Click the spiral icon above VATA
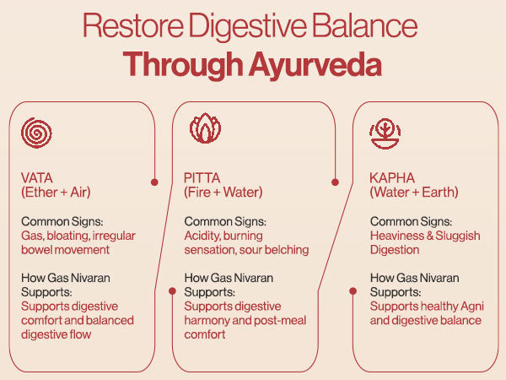36,133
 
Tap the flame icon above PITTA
205,128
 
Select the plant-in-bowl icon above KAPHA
385,133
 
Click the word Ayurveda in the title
315,65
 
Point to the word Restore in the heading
133,26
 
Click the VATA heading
37,178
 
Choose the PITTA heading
202,178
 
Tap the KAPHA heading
392,178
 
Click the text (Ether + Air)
56,193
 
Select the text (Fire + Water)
223,193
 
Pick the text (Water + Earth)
414,193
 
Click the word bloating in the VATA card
68,236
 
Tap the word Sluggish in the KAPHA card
458,236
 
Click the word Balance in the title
364,26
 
